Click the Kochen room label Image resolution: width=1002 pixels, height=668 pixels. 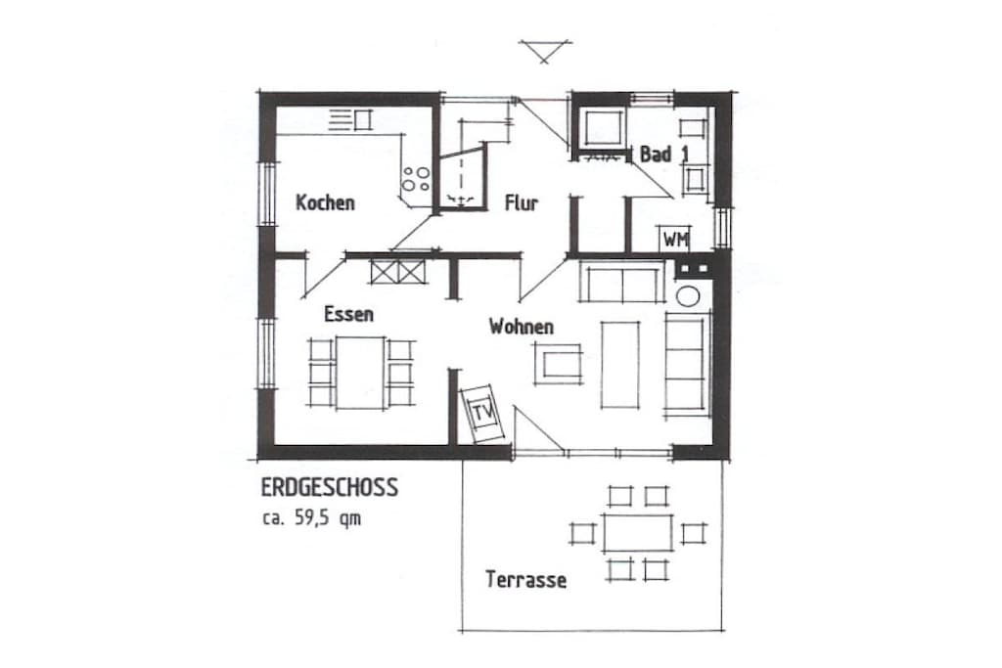pyautogui.click(x=325, y=203)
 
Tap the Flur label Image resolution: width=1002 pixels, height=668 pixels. pyautogui.click(x=522, y=203)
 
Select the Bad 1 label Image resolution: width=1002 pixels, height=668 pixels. pyautogui.click(x=664, y=154)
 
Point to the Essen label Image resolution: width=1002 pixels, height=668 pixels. pyautogui.click(x=348, y=314)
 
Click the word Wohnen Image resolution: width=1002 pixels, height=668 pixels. pyautogui.click(x=522, y=327)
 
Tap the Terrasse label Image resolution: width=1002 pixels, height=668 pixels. pyautogui.click(x=525, y=580)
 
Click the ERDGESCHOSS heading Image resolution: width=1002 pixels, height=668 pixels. pyautogui.click(x=329, y=487)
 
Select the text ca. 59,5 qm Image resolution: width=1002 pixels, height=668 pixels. pyautogui.click(x=311, y=518)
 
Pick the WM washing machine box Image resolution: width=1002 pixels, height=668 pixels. pyautogui.click(x=675, y=239)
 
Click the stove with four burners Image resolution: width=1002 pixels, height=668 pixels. pyautogui.click(x=415, y=179)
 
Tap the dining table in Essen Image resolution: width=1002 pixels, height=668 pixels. pyautogui.click(x=360, y=373)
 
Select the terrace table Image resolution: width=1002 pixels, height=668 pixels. pyautogui.click(x=637, y=533)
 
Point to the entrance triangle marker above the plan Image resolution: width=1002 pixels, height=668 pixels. pyautogui.click(x=545, y=51)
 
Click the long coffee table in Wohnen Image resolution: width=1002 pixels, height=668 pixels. pyautogui.click(x=619, y=365)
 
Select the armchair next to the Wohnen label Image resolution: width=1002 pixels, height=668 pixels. pyautogui.click(x=559, y=363)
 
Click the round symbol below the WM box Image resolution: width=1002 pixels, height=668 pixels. pyautogui.click(x=688, y=296)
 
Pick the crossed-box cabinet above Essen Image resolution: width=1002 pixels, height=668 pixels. pyautogui.click(x=397, y=272)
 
